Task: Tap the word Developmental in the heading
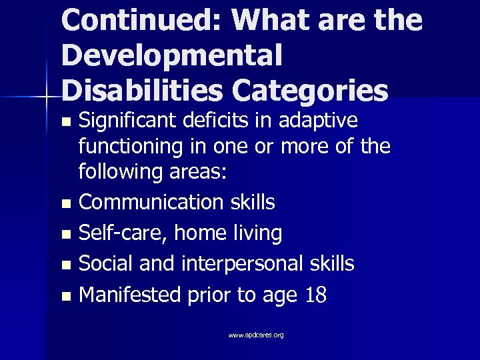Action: [171, 55]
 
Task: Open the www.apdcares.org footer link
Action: [256, 335]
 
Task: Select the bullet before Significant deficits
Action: [65, 123]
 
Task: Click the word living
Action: [257, 233]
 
